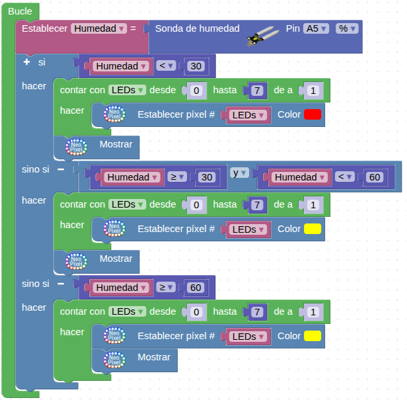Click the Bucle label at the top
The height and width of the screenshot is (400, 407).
tap(20, 11)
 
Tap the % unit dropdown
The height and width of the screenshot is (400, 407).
tap(347, 29)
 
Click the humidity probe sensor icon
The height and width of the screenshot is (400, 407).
tap(262, 35)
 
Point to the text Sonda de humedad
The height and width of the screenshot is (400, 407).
tap(197, 29)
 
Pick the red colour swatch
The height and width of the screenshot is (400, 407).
tap(313, 115)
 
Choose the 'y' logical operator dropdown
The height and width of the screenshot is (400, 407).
tap(239, 173)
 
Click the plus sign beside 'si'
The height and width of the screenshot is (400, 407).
tap(26, 62)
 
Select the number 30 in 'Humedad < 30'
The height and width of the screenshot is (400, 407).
tap(196, 66)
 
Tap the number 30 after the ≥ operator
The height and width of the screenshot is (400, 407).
tap(207, 177)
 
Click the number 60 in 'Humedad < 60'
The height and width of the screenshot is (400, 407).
tap(375, 177)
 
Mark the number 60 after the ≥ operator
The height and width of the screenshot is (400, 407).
tap(196, 288)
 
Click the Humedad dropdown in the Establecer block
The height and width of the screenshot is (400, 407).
tap(99, 29)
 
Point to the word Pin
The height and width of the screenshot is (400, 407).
tap(293, 29)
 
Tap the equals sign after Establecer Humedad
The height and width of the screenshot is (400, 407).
tap(133, 29)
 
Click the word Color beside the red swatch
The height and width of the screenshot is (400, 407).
tap(289, 114)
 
